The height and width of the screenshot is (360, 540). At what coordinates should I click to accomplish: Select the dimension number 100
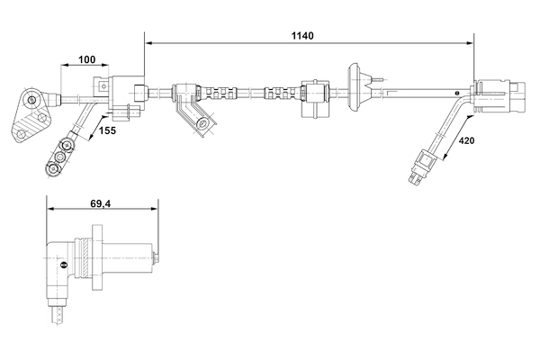tap(87, 59)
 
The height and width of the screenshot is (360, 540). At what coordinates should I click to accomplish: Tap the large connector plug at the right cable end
tap(498, 90)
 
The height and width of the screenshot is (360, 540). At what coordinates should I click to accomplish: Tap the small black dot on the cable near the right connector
tap(456, 90)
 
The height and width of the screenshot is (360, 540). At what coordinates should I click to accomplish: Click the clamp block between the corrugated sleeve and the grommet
tap(315, 91)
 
